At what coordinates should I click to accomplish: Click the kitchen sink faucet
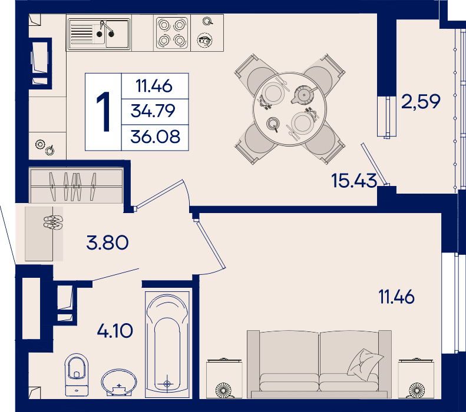coord(105,28)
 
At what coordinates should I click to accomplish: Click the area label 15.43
coord(354,181)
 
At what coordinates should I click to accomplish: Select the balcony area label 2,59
coord(421,101)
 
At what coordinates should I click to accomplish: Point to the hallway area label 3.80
coord(107,242)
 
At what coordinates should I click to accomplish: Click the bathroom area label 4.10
coord(115,331)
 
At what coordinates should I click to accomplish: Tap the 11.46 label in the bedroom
coord(396,297)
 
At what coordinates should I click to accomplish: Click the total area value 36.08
coord(155,137)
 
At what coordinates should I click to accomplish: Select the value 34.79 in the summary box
coord(153,111)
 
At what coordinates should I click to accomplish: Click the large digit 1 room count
coord(104,111)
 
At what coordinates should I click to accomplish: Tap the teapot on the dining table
coord(303,95)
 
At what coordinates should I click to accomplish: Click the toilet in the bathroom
coord(77,374)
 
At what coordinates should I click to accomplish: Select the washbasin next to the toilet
coord(119,383)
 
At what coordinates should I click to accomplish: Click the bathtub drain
coord(167,384)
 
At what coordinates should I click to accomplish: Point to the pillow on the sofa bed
coord(365,364)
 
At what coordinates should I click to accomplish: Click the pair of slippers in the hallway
coord(53,222)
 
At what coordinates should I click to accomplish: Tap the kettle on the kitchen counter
coord(205,41)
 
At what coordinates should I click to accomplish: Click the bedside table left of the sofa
coord(224,378)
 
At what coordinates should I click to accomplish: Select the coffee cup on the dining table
coord(273,124)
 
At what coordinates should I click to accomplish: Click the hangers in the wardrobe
coord(73,186)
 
